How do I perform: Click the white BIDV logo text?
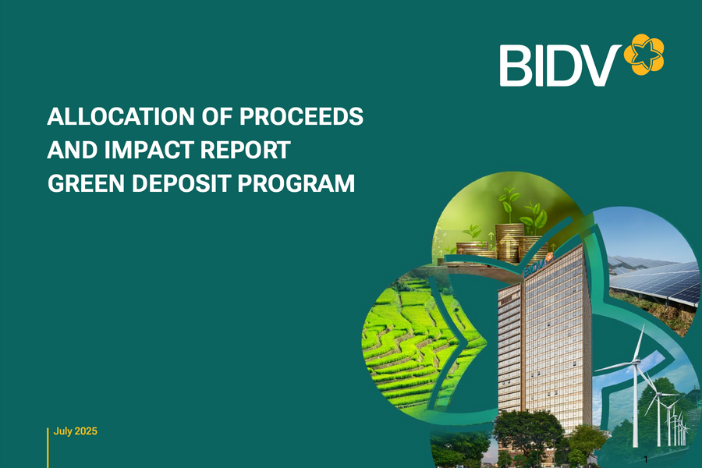559,66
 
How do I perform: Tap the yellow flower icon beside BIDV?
644,55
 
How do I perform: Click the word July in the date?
63,431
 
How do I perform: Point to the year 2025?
86,431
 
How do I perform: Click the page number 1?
646,460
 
